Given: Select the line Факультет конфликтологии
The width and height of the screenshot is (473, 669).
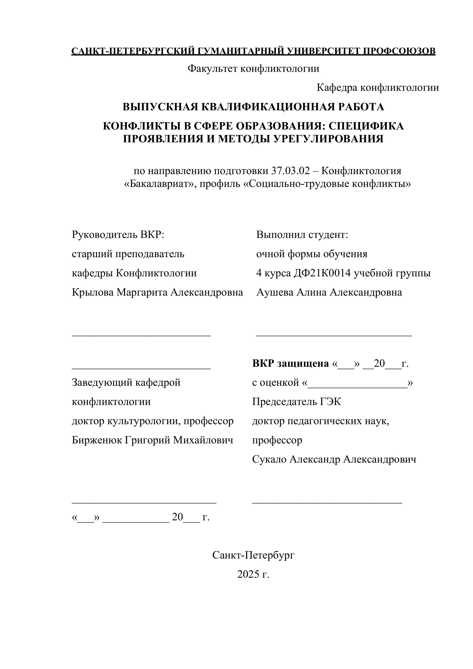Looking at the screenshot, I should coord(253,69).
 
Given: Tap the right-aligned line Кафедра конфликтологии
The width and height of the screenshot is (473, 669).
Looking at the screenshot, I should coord(378,88).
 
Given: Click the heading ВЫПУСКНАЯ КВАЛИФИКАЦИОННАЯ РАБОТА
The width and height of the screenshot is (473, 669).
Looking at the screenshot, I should coord(253,107).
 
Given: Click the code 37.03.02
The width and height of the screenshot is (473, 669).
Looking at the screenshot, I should coord(290,171).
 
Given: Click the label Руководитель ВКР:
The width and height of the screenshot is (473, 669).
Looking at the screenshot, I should coord(118,235).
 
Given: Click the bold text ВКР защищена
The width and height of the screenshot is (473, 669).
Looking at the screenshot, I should coord(290,363).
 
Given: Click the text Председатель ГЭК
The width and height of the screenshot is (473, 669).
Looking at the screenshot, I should coord(296,402).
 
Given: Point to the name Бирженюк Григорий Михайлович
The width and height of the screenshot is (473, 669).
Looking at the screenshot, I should coord(152,440).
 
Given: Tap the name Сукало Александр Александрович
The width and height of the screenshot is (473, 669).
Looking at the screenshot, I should coord(334,459).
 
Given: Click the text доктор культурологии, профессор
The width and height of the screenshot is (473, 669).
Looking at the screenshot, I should coord(153,421).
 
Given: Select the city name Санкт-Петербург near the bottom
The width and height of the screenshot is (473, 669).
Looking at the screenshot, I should coord(253,555).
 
